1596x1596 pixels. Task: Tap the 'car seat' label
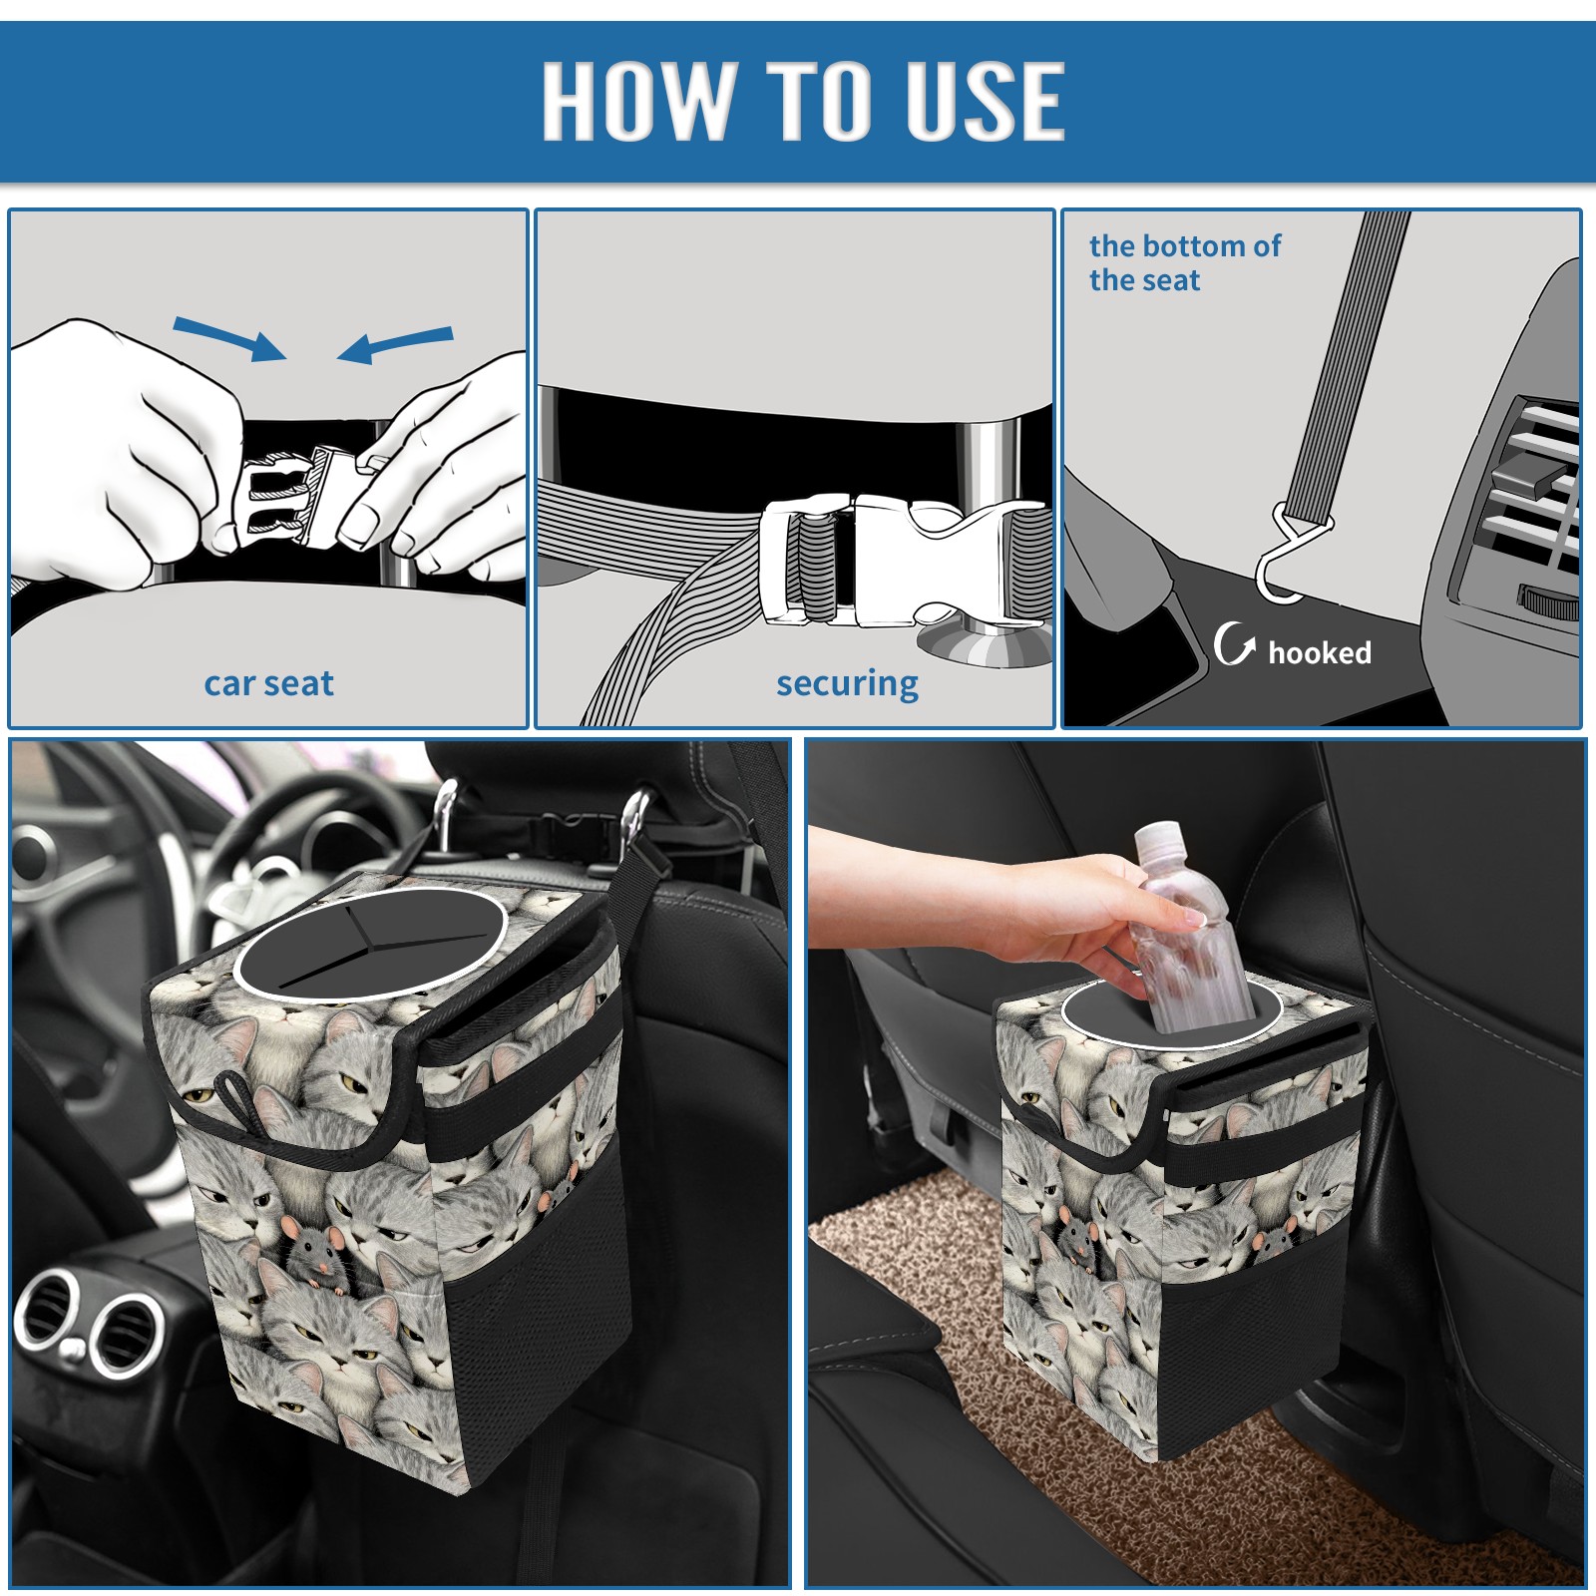[268, 683]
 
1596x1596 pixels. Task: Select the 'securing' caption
[847, 684]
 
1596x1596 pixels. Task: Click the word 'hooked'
[1320, 652]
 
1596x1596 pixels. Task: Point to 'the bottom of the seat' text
[1184, 262]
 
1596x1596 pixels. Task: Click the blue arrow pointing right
[229, 339]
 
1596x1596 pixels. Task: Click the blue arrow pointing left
[395, 344]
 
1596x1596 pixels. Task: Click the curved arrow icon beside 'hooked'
[1233, 643]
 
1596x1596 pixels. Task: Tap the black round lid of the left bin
[369, 943]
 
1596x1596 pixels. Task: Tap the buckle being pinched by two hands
[294, 495]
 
